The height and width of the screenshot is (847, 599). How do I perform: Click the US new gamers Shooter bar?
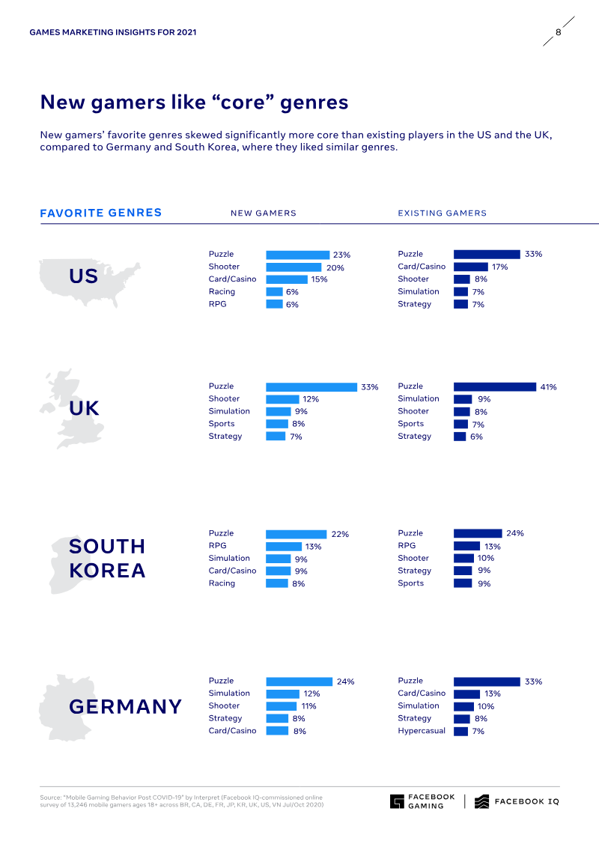294,267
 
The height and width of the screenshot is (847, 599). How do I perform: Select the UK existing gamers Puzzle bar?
495,386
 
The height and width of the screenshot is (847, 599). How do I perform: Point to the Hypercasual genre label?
421,730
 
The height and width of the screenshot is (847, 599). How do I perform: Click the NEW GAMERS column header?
263,213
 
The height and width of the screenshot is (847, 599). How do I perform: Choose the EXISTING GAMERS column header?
442,213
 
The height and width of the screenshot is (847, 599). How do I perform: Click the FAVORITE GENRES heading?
100,213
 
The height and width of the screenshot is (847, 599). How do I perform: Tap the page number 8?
558,32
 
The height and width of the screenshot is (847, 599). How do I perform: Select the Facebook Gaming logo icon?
397,801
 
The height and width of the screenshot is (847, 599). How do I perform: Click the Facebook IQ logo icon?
481,801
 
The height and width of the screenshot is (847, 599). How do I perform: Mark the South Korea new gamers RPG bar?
284,546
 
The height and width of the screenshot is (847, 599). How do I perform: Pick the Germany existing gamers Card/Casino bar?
466,693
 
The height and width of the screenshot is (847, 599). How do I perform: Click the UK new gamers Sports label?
221,424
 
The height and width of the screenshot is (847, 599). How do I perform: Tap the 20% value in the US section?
331,267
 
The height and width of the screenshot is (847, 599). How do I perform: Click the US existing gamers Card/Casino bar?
470,267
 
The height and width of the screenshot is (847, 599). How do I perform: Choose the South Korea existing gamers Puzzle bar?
478,533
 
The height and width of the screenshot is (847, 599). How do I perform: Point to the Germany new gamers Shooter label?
224,705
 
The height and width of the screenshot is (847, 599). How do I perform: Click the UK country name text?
84,408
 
